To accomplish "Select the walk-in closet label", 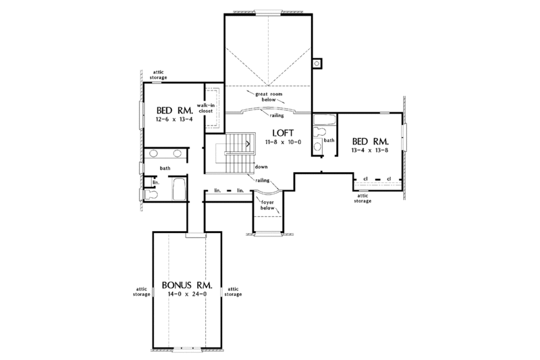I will (206, 109).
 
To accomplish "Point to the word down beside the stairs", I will (262, 166).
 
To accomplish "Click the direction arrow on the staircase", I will (249, 144).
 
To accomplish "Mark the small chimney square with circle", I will (317, 65).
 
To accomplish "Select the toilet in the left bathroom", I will (151, 195).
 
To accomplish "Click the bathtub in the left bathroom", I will (180, 189).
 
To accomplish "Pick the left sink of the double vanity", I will (154, 153).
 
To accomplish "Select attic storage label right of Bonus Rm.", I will (234, 292).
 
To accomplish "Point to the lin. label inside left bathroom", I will (155, 182).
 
